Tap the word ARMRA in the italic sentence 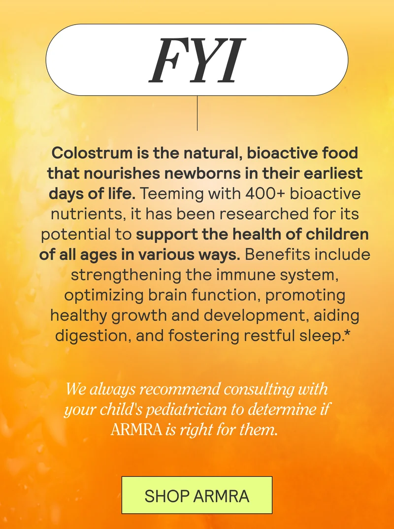click(x=136, y=429)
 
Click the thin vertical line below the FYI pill click(x=197, y=113)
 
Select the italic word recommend click(x=181, y=388)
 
